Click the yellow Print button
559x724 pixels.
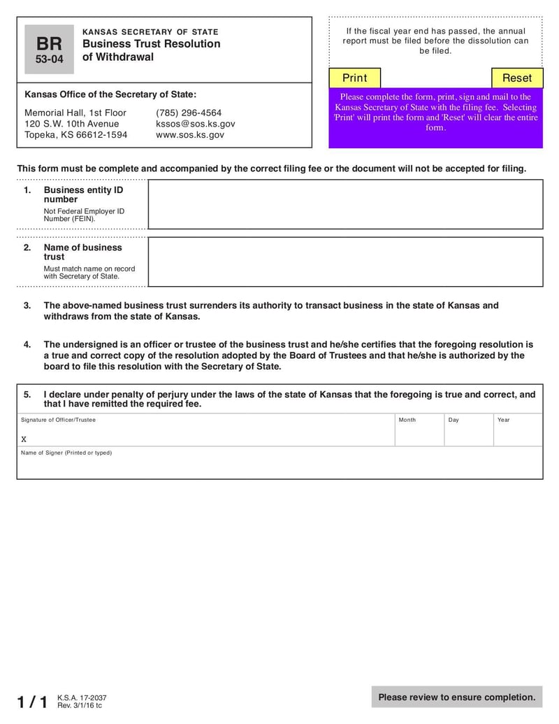[x=354, y=78]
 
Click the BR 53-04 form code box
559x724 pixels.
[x=49, y=50]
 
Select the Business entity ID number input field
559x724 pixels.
[x=345, y=204]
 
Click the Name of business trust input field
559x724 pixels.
[x=345, y=262]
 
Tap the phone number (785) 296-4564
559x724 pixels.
[x=189, y=113]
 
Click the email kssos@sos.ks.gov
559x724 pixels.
[x=196, y=124]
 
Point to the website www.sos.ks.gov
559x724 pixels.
[x=190, y=135]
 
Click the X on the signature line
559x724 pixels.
[x=24, y=439]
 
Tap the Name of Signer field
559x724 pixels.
[x=279, y=466]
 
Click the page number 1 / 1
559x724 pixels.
[x=32, y=702]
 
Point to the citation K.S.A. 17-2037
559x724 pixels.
[x=82, y=698]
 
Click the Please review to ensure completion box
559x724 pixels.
[x=457, y=697]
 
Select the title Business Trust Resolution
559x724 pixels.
[x=151, y=44]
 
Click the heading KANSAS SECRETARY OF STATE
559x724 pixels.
[x=150, y=32]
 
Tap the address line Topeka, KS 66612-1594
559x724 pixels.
[x=75, y=135]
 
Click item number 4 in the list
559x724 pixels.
[x=27, y=344]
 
